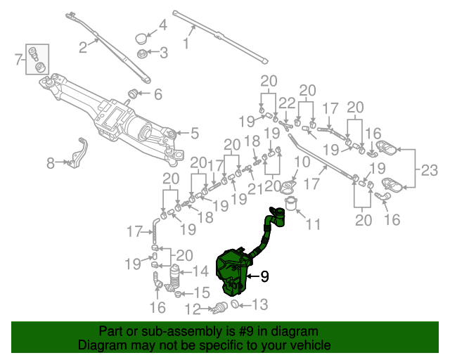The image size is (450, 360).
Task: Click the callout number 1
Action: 186,44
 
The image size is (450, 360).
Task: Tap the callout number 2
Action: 83,48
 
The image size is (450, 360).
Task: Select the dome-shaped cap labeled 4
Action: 142,37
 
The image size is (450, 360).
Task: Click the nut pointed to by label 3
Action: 141,53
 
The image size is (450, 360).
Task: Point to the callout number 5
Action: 195,131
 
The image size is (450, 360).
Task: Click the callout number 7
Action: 19,60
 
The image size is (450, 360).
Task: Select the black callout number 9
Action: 264,277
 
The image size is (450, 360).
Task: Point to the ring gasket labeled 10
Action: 287,187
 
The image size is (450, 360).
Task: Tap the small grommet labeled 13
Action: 235,305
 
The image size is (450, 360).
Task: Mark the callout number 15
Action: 201,292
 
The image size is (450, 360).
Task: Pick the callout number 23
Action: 429,169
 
